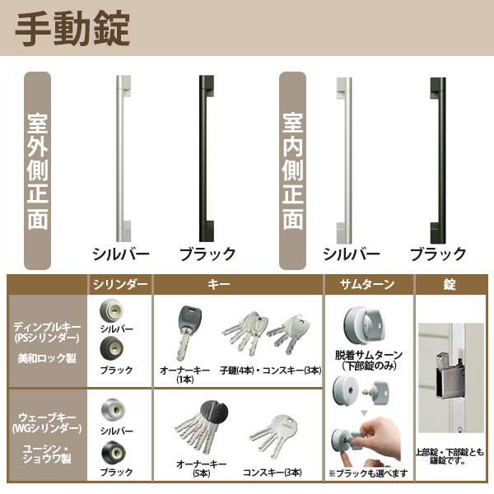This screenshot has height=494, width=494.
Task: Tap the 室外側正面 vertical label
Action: [38, 171]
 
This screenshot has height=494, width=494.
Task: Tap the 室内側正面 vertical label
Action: [293, 171]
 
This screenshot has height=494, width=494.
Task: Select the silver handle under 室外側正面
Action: [122, 156]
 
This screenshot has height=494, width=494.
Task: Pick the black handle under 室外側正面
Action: [206, 156]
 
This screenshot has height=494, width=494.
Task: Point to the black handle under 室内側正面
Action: [437, 156]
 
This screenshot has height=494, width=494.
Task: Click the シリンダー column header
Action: [120, 285]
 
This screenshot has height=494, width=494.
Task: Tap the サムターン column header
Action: [367, 285]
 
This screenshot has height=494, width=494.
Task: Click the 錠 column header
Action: [449, 285]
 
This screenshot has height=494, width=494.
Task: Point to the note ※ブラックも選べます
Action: [367, 473]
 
